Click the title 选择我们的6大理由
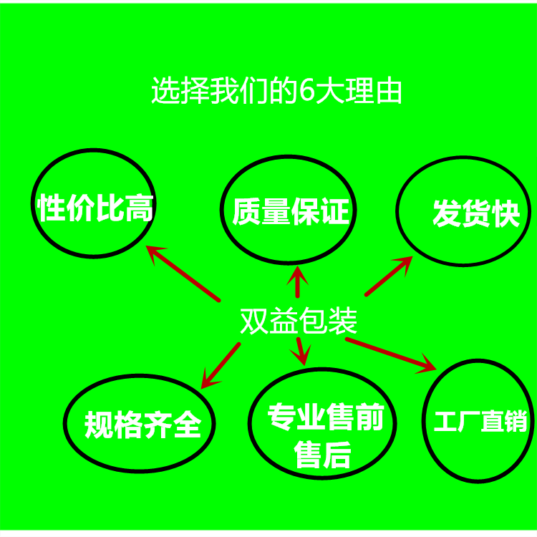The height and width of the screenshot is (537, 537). (x=276, y=92)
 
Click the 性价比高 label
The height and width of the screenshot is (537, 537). (x=95, y=208)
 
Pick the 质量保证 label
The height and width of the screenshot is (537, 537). (x=290, y=213)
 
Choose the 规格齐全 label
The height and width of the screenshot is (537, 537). (x=142, y=425)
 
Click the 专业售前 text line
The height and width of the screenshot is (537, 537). (x=325, y=419)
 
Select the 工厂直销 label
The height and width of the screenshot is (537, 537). (x=480, y=422)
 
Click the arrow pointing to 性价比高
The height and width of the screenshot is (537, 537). (x=183, y=272)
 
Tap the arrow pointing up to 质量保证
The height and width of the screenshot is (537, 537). (x=298, y=282)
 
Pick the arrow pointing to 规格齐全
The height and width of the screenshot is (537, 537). (x=220, y=365)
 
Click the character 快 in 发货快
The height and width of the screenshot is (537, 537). (x=505, y=213)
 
